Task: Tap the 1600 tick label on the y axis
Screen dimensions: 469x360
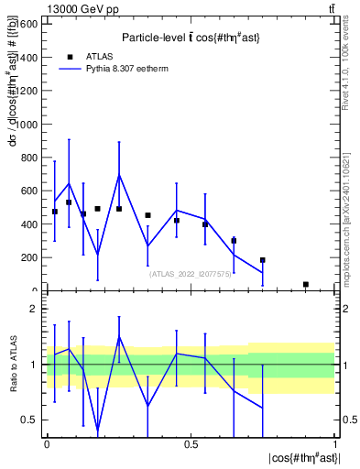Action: [27, 24]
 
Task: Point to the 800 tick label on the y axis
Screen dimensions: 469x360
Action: [29, 158]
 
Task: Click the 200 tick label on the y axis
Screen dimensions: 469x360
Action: [29, 257]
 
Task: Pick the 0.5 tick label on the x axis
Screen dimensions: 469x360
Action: [191, 444]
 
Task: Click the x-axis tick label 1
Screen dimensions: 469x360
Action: [335, 444]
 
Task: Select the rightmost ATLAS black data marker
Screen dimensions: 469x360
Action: [306, 284]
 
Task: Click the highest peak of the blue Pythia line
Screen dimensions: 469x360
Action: [119, 175]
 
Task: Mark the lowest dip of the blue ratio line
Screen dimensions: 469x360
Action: [98, 429]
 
